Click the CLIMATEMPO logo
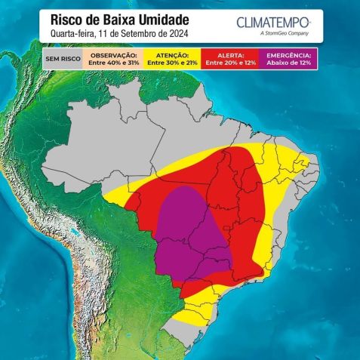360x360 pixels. click(272, 22)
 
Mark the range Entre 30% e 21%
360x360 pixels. click(172, 63)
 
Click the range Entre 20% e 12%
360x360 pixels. click(231, 63)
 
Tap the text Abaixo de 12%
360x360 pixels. click(291, 63)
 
